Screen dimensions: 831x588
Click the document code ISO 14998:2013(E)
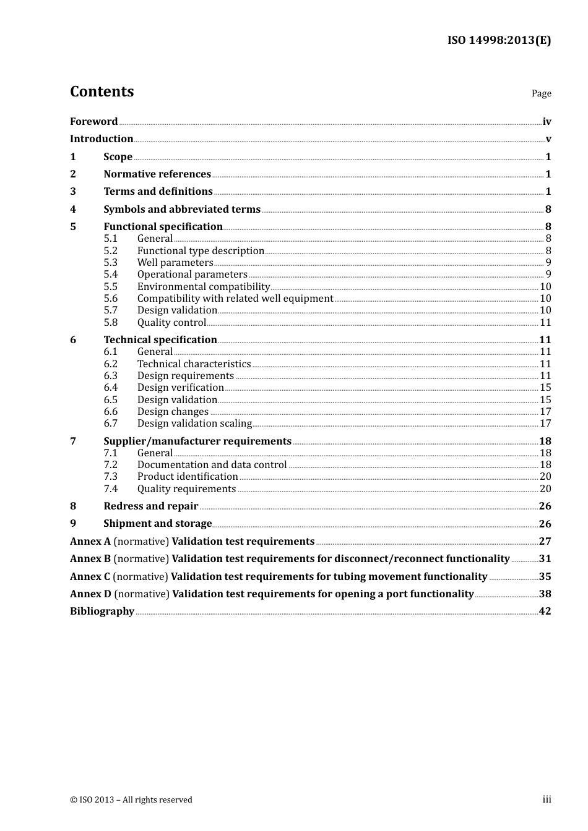499,40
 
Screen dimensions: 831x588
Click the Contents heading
102,92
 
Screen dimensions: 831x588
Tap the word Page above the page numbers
541,93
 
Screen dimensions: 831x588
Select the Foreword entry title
93,121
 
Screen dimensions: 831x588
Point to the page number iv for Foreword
547,122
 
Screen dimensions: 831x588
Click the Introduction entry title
102,139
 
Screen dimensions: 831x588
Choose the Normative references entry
157,174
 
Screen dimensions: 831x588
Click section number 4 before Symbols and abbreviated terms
73,210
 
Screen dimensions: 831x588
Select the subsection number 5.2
110,251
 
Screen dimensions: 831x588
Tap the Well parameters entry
175,263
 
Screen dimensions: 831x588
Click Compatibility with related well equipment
235,299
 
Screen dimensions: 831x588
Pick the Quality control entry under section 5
171,323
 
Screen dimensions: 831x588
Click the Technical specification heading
160,340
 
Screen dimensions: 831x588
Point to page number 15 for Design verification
545,388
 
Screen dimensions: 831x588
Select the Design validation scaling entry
194,424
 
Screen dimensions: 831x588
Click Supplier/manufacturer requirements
197,441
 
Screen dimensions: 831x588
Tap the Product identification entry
188,477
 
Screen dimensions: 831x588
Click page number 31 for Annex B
545,559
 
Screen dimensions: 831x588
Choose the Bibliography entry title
102,612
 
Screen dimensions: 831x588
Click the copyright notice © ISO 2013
131,800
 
